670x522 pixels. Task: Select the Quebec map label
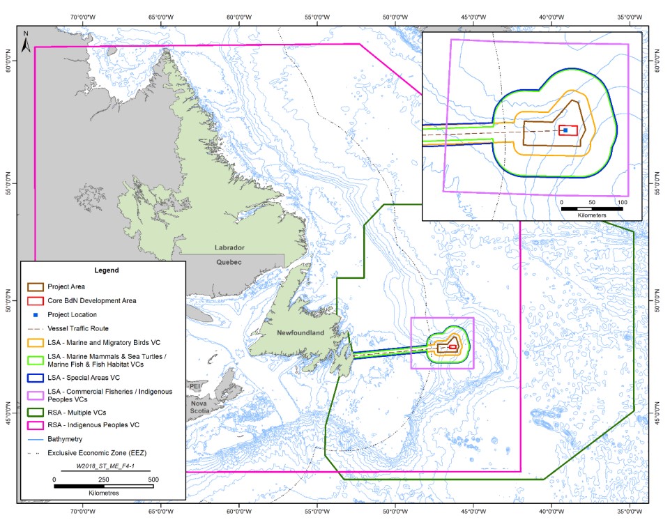tap(227, 262)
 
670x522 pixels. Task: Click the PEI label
tap(195, 385)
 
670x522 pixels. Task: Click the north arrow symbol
tap(26, 42)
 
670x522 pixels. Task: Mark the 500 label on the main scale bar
tap(153, 479)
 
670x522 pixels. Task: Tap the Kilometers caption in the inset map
tap(592, 215)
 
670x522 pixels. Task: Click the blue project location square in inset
tap(565, 130)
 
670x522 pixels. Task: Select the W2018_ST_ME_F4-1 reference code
tap(104, 468)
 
